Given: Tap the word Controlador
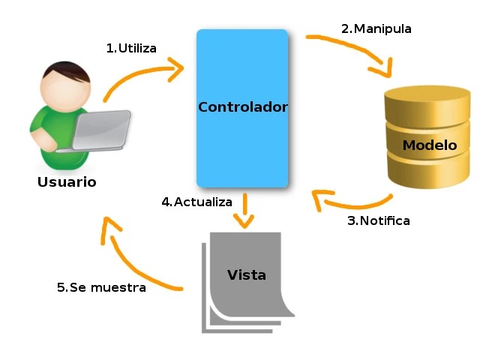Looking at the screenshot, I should click(x=242, y=107).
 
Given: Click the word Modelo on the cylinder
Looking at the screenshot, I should click(x=429, y=145).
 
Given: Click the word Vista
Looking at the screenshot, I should click(x=246, y=275).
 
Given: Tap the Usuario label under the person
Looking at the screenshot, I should click(x=67, y=182).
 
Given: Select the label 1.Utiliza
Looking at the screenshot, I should click(x=131, y=49).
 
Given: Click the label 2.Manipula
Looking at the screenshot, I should click(x=376, y=29).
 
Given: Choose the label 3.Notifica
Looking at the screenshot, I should click(x=378, y=220).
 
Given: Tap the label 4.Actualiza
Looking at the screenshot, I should click(x=196, y=202).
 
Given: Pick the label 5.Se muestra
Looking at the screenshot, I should click(x=101, y=287).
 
